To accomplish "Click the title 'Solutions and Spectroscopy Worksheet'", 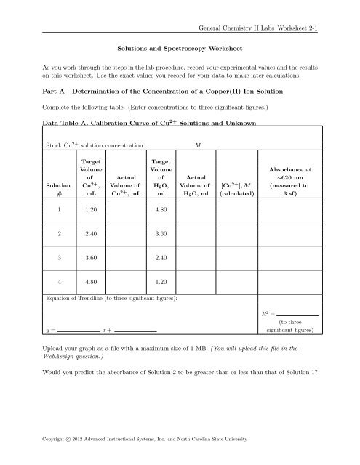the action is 180,52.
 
